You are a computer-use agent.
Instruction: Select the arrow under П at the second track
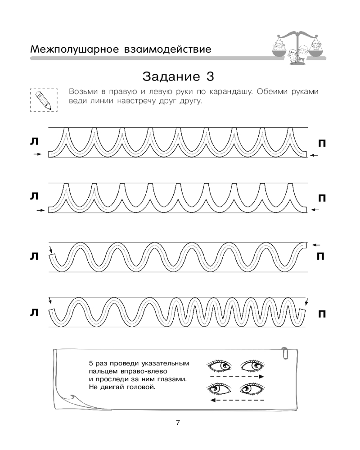tap(315, 210)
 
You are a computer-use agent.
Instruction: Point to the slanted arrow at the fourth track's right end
tap(307, 302)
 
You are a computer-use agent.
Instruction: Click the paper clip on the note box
tap(285, 353)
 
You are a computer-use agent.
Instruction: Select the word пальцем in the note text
tap(102, 371)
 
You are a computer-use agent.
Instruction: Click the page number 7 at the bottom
tap(178, 423)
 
